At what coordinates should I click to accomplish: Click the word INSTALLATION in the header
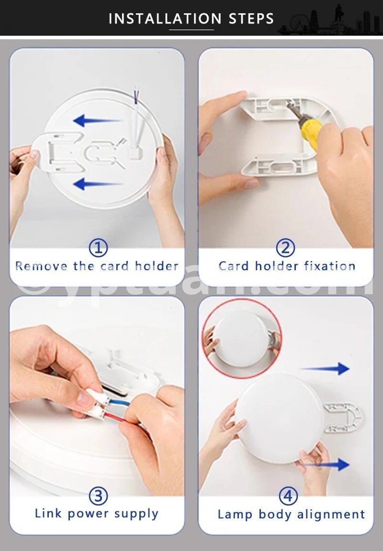click(165, 19)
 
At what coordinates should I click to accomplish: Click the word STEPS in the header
click(251, 19)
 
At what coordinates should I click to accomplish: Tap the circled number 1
click(98, 248)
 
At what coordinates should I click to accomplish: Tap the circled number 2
click(285, 248)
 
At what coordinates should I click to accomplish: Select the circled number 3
click(98, 496)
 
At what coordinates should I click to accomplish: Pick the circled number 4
click(288, 496)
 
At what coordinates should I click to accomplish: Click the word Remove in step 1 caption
click(41, 266)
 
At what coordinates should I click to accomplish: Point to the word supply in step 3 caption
click(136, 514)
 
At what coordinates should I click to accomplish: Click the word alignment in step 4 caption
click(331, 515)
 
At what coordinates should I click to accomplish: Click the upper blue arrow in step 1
click(97, 121)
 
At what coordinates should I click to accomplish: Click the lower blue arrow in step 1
click(97, 184)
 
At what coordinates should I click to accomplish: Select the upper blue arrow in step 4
click(325, 368)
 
